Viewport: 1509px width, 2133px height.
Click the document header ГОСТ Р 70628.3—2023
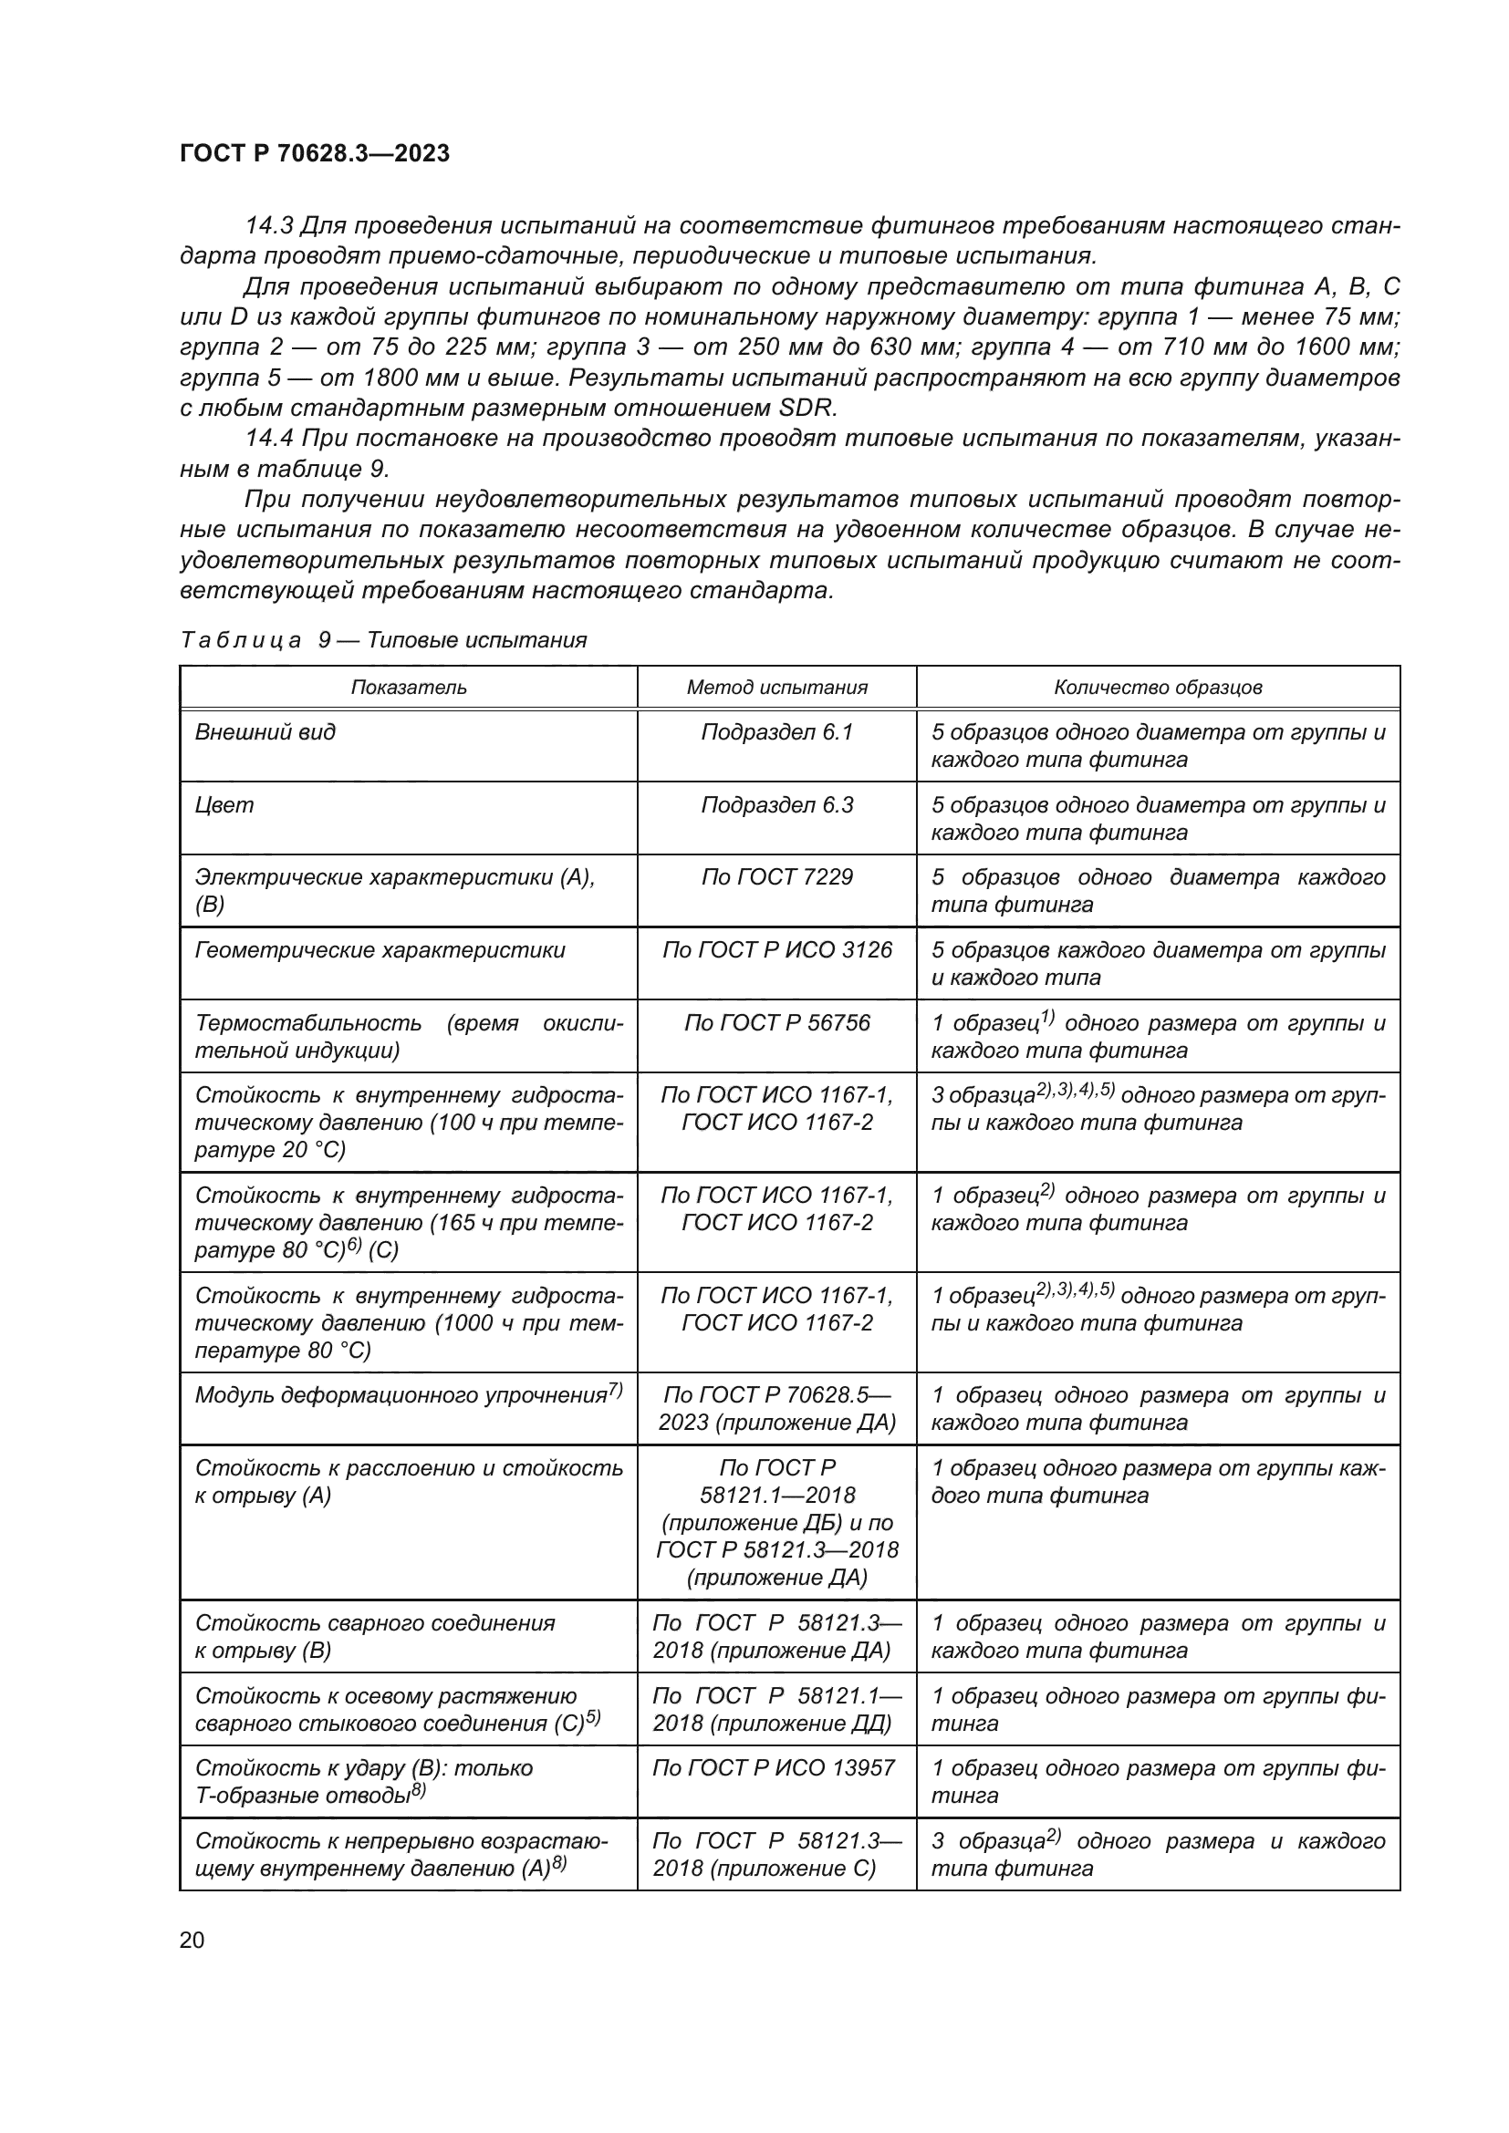tap(314, 153)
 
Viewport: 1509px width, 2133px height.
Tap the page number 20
tap(192, 1940)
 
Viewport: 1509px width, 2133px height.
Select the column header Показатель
tap(408, 688)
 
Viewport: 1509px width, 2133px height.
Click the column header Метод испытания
tap(776, 688)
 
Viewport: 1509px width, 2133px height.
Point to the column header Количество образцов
tap(1158, 688)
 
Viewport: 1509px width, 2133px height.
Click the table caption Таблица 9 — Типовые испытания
tap(383, 640)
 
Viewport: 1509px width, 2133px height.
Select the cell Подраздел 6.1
tap(776, 732)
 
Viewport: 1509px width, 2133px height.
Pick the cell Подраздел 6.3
tap(776, 804)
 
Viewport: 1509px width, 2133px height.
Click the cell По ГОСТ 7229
tap(776, 877)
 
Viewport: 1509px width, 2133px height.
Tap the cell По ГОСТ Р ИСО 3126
tap(776, 949)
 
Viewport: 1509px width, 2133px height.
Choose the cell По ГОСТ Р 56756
tap(776, 1023)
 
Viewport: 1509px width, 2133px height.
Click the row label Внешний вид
tap(265, 732)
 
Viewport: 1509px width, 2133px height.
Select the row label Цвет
tap(224, 804)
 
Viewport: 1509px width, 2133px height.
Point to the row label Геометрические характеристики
tap(380, 949)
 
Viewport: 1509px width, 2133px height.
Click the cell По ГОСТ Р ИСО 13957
tap(773, 1767)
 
